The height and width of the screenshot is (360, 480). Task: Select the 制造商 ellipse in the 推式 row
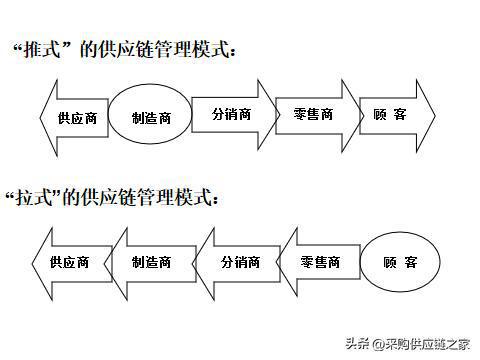tap(150, 117)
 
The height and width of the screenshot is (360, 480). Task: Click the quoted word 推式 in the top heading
tap(45, 49)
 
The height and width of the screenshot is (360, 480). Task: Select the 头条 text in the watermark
tap(356, 343)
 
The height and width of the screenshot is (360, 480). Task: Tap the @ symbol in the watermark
tap(377, 343)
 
